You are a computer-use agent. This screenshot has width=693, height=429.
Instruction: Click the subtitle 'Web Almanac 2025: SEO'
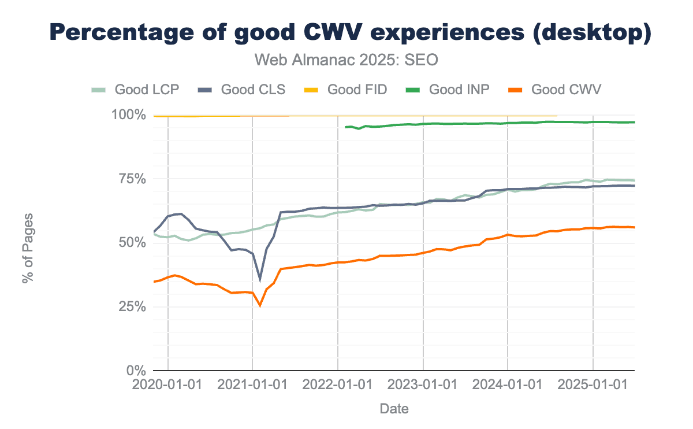[346, 60]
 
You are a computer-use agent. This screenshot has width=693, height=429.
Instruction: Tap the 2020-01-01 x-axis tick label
[167, 384]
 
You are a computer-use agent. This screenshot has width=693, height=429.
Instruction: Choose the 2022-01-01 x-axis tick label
[337, 384]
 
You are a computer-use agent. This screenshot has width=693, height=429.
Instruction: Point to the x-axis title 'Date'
[394, 409]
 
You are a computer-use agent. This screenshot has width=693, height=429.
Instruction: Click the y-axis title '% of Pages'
[27, 248]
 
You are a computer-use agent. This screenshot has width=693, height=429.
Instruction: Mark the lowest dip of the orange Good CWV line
[260, 305]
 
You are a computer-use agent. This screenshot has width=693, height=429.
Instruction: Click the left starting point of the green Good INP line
[345, 127]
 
